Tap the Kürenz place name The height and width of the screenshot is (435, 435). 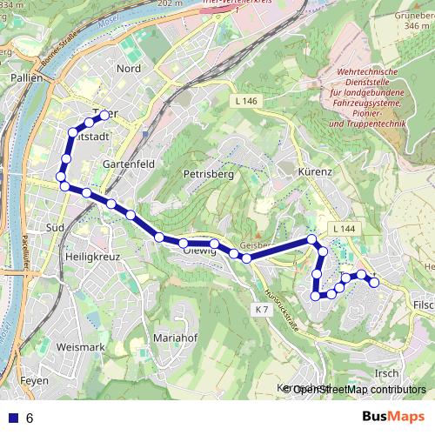pyautogui.click(x=315, y=172)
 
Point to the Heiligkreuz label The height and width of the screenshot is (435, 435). pyautogui.click(x=91, y=258)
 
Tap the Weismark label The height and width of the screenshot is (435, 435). pyautogui.click(x=79, y=347)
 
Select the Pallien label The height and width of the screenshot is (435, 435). pyautogui.click(x=28, y=77)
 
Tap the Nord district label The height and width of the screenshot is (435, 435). pyautogui.click(x=128, y=69)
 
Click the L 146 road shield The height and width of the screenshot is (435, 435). pyautogui.click(x=246, y=102)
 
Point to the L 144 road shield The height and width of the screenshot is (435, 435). pyautogui.click(x=345, y=228)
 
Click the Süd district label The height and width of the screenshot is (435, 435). pyautogui.click(x=55, y=227)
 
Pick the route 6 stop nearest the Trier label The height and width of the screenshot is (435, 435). pyautogui.click(x=104, y=115)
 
